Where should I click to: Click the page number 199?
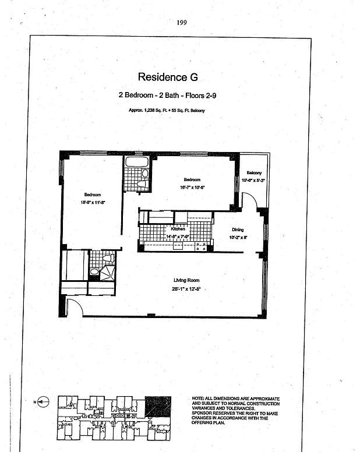181,23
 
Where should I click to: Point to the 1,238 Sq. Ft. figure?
151,111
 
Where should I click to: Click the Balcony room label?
253,173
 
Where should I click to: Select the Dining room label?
238,230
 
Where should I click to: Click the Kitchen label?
178,229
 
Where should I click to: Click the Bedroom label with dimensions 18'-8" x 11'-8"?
92,195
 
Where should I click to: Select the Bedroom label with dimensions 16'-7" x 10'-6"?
193,179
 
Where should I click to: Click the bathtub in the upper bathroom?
137,162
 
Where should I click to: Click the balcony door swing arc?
250,202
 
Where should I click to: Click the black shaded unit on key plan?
158,405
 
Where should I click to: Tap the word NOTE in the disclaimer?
199,398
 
